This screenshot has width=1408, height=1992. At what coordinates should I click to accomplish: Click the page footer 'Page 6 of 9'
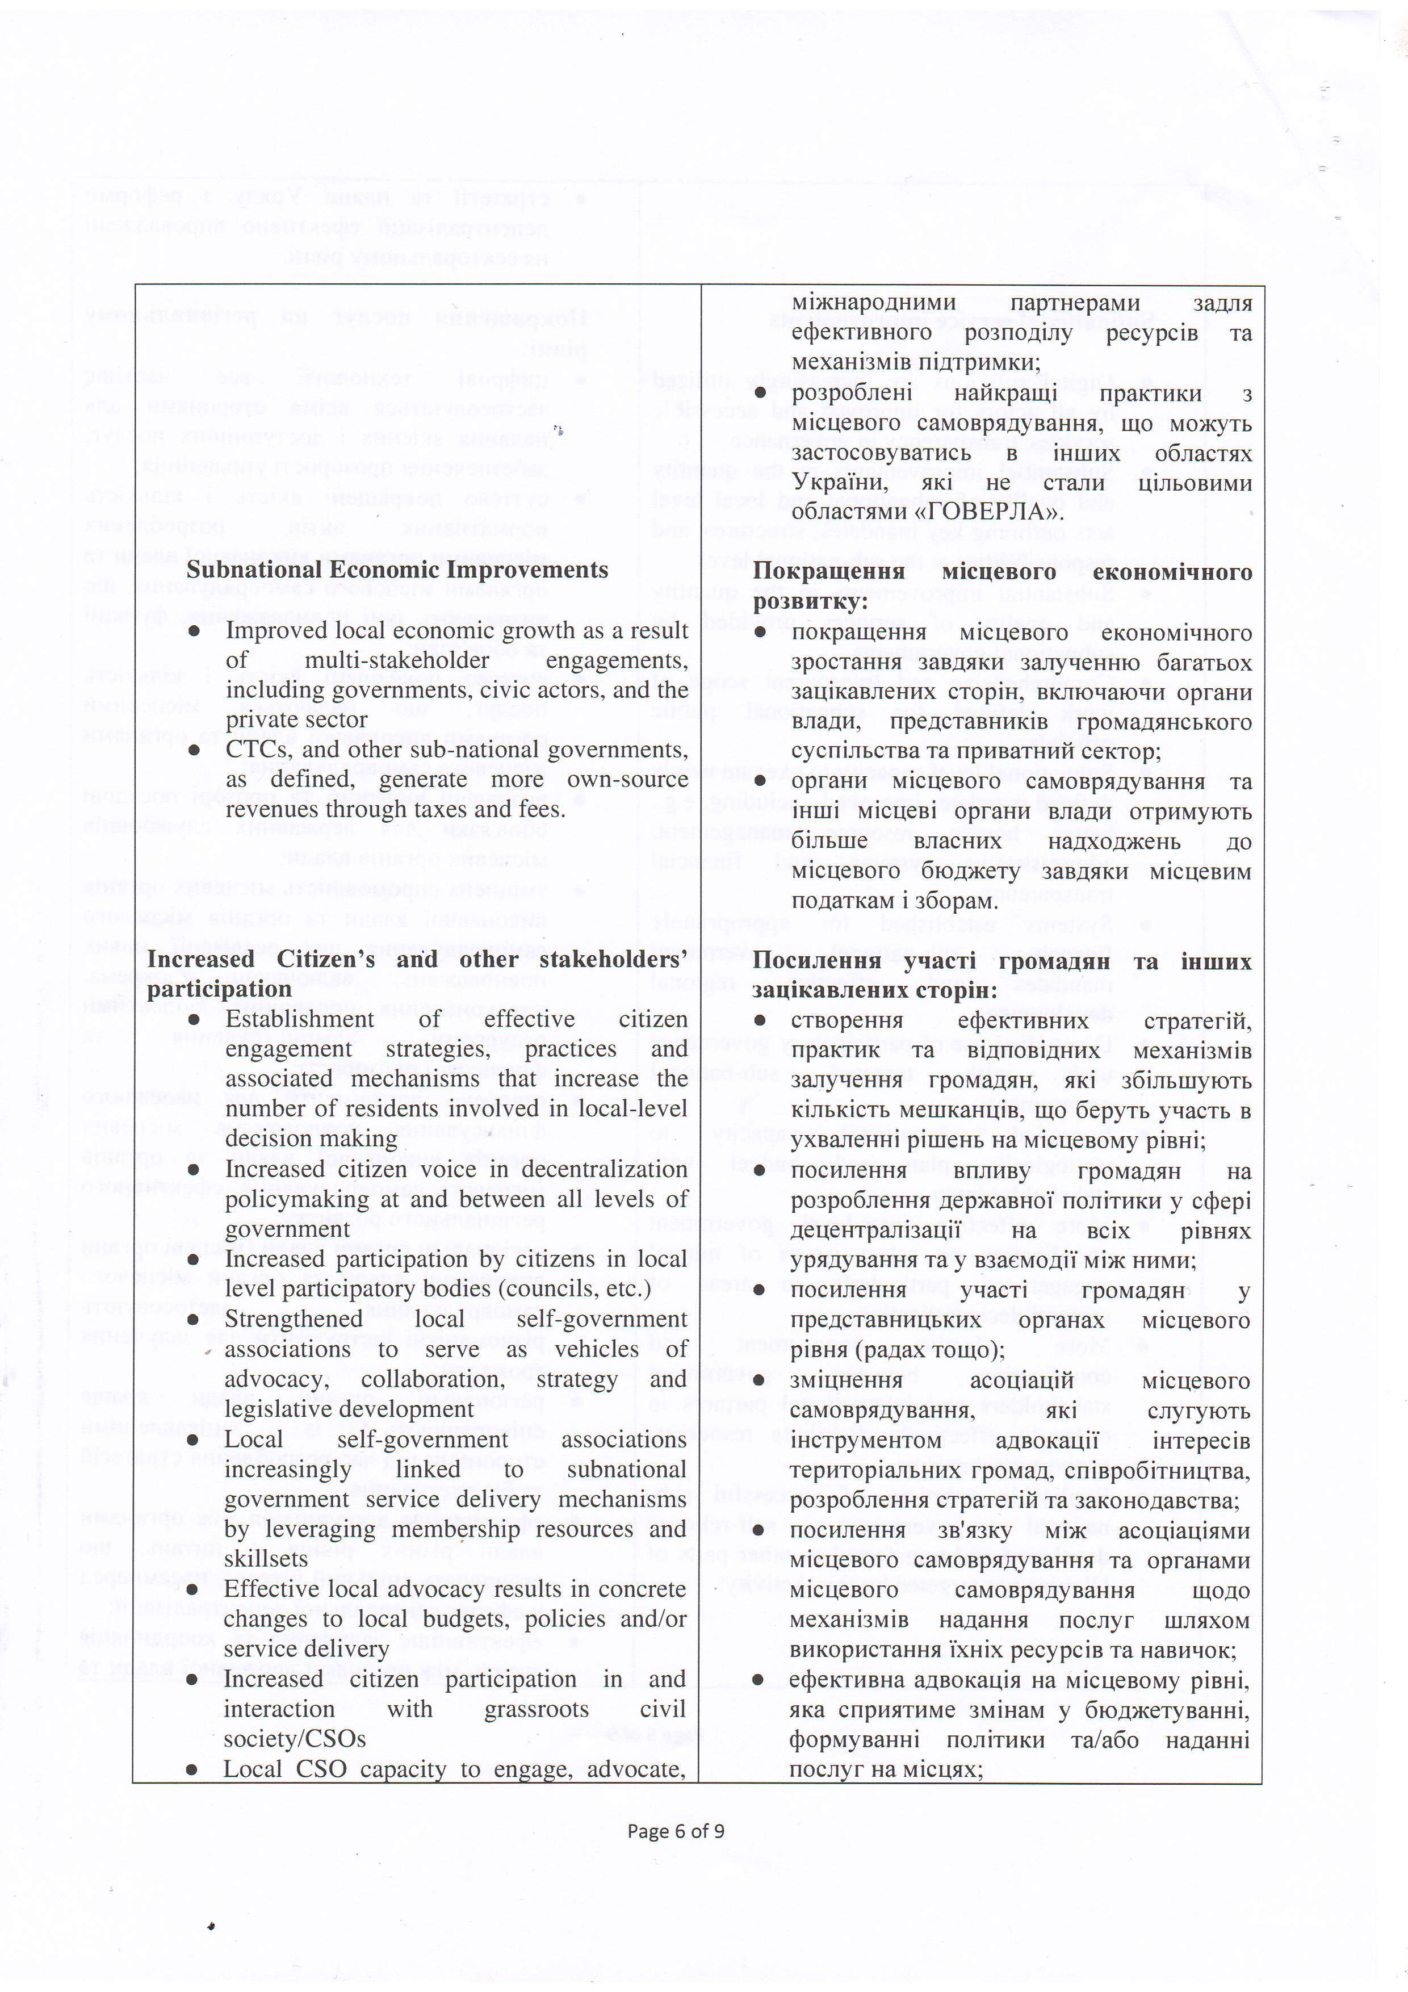pos(676,1831)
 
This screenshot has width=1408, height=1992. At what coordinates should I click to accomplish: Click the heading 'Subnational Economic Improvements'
pos(397,570)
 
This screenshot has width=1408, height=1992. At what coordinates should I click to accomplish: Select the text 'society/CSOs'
pos(294,1739)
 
